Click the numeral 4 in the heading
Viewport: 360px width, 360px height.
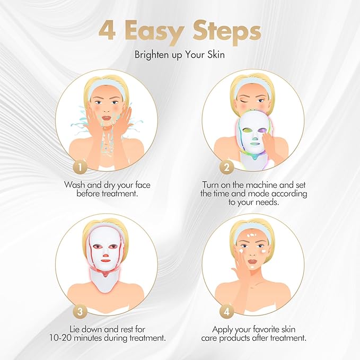108,32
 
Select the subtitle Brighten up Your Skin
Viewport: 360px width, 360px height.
180,55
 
